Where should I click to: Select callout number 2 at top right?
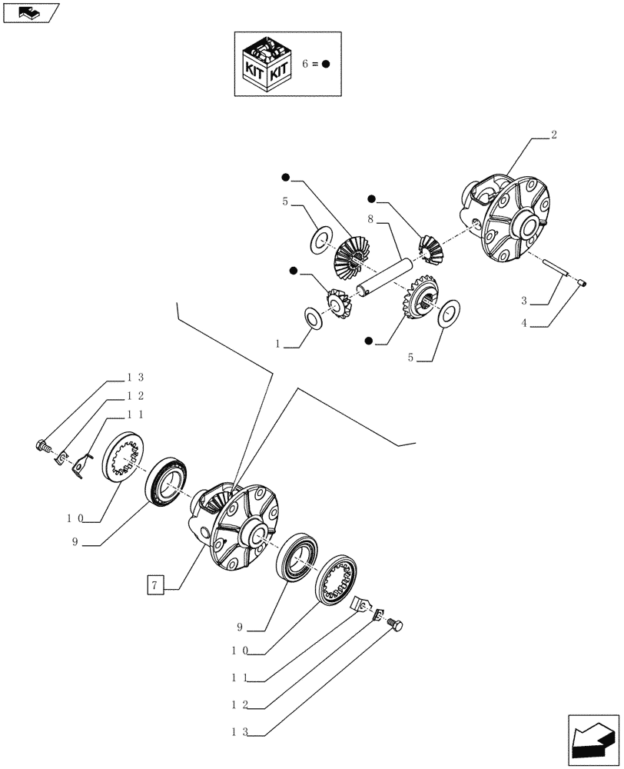554,135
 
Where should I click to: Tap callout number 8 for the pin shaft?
370,219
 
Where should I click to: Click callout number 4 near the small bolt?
524,324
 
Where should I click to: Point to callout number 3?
524,302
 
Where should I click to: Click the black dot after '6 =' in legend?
326,65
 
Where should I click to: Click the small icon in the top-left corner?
31,12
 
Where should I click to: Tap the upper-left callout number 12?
135,395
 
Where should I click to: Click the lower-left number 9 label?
75,542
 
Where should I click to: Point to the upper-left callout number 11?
135,414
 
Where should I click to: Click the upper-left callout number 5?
285,202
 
